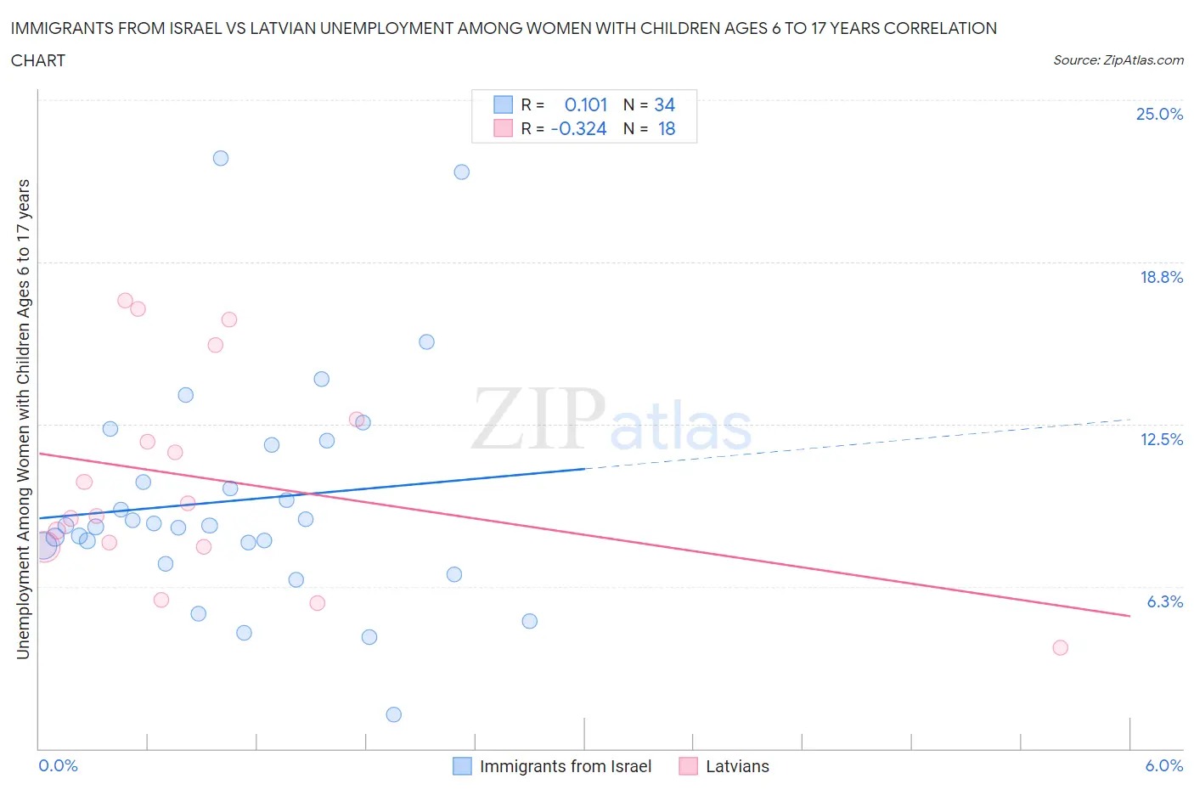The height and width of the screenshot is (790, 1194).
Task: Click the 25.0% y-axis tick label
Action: pyautogui.click(x=1158, y=114)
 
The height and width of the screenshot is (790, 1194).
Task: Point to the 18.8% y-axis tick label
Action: pyautogui.click(x=1160, y=277)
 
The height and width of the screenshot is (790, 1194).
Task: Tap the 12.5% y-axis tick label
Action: pyautogui.click(x=1160, y=439)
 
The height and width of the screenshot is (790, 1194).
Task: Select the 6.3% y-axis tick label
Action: pyautogui.click(x=1164, y=601)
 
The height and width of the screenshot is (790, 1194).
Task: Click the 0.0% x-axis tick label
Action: pyautogui.click(x=58, y=765)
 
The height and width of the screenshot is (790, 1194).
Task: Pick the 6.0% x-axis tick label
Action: pyautogui.click(x=1163, y=765)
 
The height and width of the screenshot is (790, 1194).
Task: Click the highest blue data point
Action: pyautogui.click(x=221, y=158)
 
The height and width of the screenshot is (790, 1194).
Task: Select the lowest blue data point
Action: pyautogui.click(x=393, y=714)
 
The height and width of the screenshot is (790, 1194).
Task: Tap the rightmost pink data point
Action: pyautogui.click(x=1060, y=647)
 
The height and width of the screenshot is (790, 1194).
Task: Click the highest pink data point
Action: pyautogui.click(x=125, y=300)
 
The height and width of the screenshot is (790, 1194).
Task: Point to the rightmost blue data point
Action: pyautogui.click(x=529, y=621)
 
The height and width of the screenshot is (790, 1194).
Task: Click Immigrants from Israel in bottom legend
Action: pyautogui.click(x=565, y=766)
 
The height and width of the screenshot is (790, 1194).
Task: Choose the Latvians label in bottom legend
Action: pyautogui.click(x=736, y=766)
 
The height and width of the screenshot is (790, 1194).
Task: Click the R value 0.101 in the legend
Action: pyautogui.click(x=585, y=104)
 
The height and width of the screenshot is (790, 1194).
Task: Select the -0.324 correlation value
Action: pyautogui.click(x=578, y=128)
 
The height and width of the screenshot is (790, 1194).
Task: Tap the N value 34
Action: pyautogui.click(x=664, y=104)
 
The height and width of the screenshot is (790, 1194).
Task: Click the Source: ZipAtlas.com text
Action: pyautogui.click(x=1118, y=60)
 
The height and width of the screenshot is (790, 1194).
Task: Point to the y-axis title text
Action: pyautogui.click(x=23, y=419)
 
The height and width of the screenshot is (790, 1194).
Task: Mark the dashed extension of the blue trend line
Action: pyautogui.click(x=858, y=443)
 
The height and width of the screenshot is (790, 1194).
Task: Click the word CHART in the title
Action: pyautogui.click(x=38, y=60)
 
